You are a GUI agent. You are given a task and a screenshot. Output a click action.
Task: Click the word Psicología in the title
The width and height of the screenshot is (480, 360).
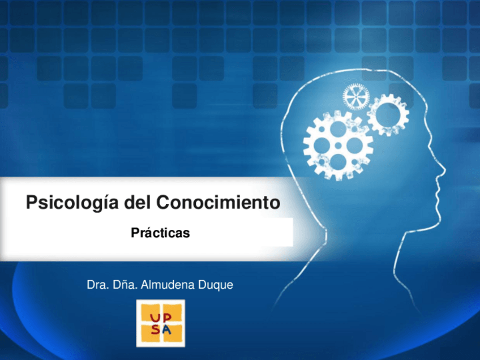click(72, 203)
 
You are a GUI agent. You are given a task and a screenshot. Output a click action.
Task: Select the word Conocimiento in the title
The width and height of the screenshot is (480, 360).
click(218, 202)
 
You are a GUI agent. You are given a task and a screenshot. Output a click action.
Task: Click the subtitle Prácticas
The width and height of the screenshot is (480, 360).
click(160, 233)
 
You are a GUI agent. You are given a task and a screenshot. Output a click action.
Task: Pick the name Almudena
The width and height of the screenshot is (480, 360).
click(168, 285)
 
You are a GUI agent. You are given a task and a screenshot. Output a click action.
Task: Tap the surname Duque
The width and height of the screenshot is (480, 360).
click(216, 285)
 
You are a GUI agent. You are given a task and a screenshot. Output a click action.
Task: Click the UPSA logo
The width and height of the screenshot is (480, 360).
click(160, 323)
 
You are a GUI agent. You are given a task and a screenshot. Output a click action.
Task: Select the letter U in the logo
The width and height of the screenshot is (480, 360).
click(155, 318)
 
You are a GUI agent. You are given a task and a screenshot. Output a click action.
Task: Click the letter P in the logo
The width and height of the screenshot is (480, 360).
click(166, 318)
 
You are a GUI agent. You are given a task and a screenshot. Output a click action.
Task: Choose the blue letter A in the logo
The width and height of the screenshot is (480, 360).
click(167, 329)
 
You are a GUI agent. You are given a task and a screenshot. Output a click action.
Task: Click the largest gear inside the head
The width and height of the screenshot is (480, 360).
click(338, 145)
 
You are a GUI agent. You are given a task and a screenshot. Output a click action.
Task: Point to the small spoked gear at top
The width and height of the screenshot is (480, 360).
click(356, 97)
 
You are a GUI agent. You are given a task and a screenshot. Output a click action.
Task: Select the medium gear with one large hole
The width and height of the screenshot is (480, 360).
click(388, 114)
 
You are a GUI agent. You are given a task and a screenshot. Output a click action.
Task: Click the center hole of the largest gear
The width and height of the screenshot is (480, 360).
click(338, 145)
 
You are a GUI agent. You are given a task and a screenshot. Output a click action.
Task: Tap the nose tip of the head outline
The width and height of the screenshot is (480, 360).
click(444, 169)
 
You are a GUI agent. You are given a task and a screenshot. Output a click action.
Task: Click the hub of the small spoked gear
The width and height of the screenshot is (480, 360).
click(356, 97)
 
